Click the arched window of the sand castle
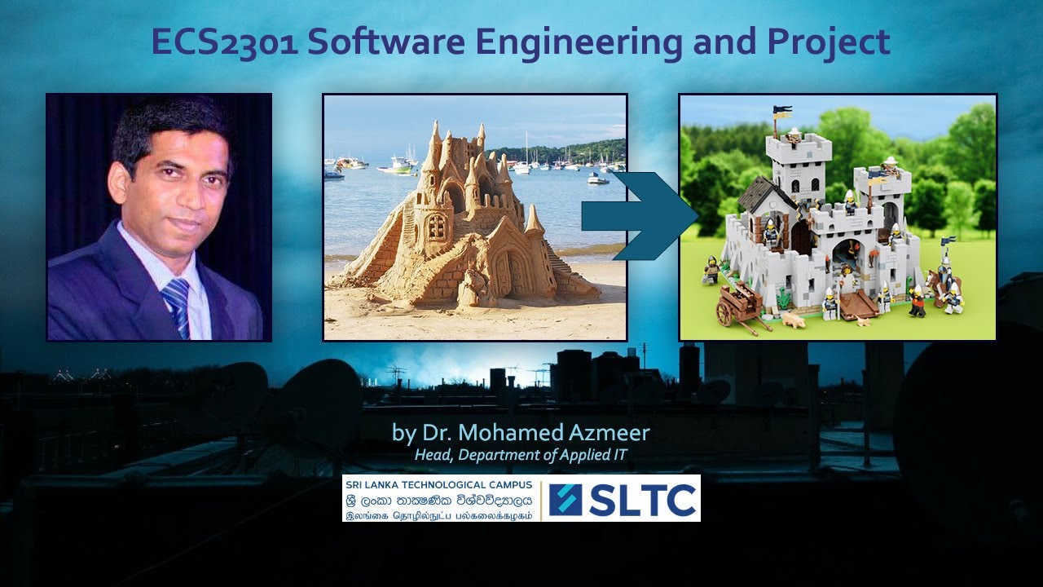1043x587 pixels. pos(438,227)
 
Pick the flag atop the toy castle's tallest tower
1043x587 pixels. pos(781,110)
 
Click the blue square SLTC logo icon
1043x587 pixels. pos(566,500)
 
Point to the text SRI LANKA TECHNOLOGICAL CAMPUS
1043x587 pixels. pos(438,484)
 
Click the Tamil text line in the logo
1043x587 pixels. pos(438,516)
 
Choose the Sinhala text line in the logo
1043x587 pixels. pos(438,501)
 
